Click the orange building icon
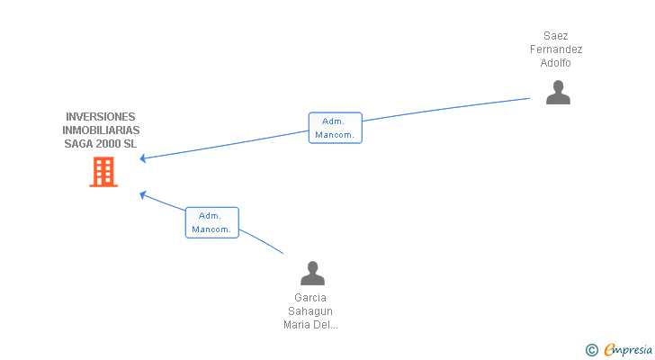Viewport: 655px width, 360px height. [x=103, y=172]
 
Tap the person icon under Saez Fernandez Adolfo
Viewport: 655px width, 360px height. [x=558, y=93]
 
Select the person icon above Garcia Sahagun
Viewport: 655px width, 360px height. [x=311, y=273]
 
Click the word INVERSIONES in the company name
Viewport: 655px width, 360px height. [x=101, y=117]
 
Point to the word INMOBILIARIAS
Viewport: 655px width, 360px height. [x=101, y=130]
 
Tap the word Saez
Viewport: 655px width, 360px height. [x=556, y=36]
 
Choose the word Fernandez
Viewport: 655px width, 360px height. [x=556, y=49]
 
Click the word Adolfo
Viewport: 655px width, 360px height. [x=556, y=63]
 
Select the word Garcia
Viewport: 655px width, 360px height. [x=310, y=298]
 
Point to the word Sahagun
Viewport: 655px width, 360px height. [x=310, y=311]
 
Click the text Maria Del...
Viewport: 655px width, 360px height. [x=310, y=325]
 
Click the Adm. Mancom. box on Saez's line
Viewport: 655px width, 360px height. [x=335, y=128]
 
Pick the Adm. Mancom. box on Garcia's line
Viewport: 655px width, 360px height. [x=211, y=222]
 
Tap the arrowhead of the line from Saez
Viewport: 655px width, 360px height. [x=142, y=159]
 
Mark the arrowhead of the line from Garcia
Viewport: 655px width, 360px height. [x=142, y=193]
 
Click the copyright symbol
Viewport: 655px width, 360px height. [x=591, y=349]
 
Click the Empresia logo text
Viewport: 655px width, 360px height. [x=626, y=349]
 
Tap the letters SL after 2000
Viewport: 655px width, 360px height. [x=131, y=144]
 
